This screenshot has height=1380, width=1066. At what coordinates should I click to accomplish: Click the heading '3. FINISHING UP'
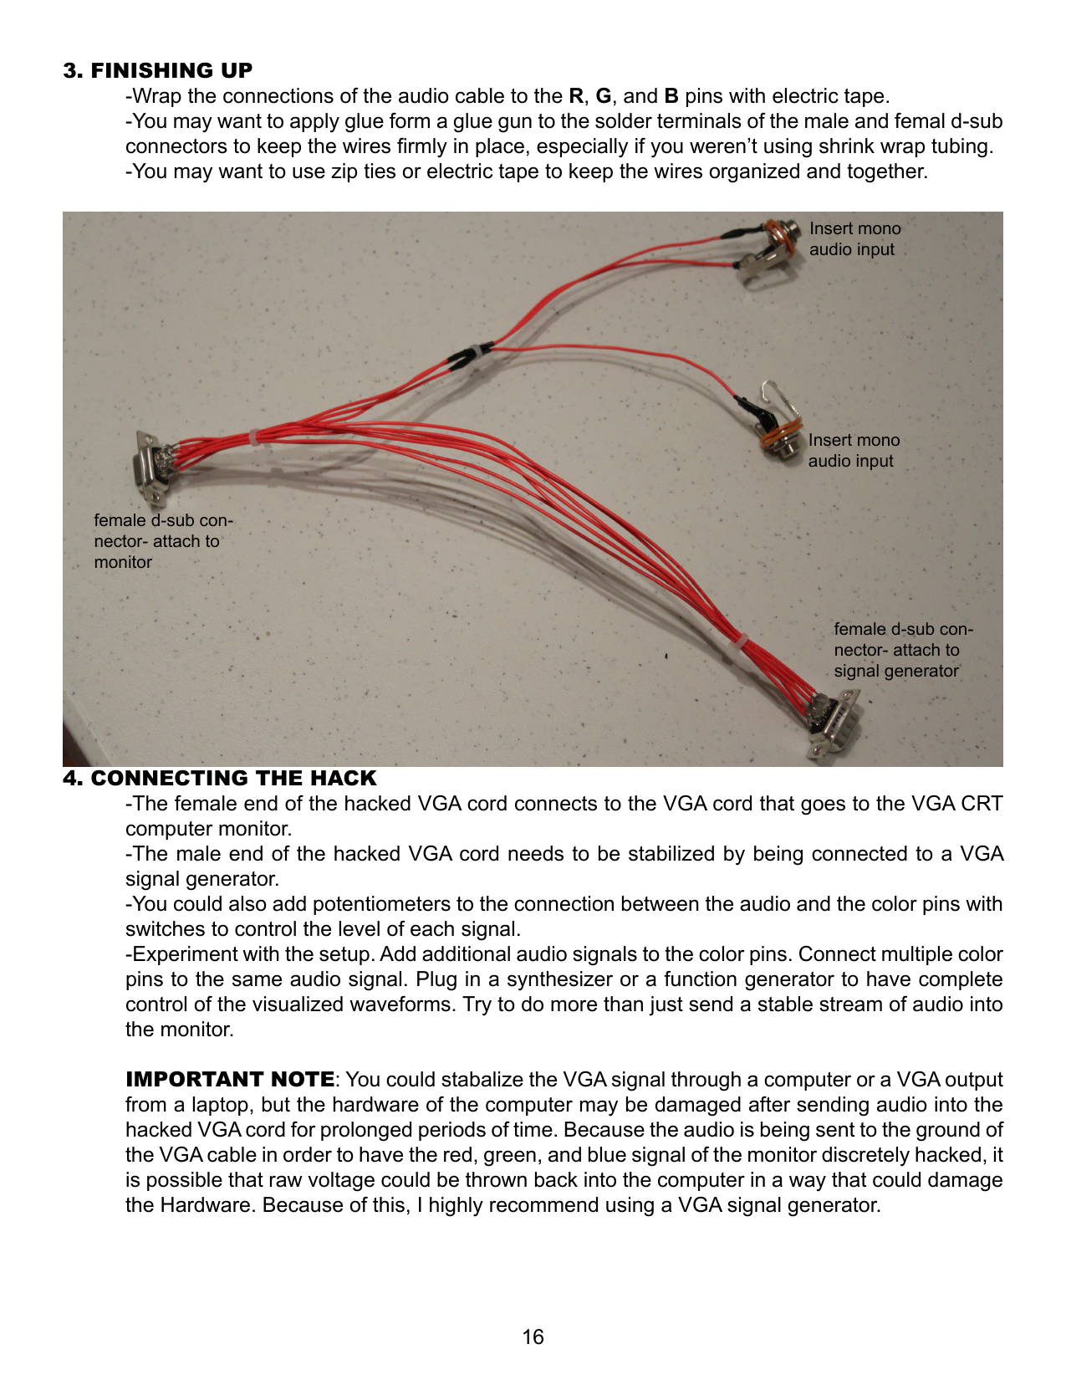tap(157, 70)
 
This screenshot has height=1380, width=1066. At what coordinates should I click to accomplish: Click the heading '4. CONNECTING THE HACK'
tap(219, 778)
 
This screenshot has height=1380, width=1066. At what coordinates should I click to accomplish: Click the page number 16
tap(533, 1337)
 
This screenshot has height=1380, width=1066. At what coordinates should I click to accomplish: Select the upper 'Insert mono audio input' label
tap(854, 239)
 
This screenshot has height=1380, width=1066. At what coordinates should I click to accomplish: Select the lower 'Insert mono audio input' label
tap(854, 451)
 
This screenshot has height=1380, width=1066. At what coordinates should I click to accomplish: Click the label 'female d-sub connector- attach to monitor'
tap(163, 541)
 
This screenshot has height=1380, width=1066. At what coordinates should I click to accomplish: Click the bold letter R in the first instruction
tap(575, 96)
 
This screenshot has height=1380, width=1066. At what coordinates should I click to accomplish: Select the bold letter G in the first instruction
tap(603, 96)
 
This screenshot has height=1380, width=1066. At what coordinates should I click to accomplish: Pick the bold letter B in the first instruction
tap(671, 96)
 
